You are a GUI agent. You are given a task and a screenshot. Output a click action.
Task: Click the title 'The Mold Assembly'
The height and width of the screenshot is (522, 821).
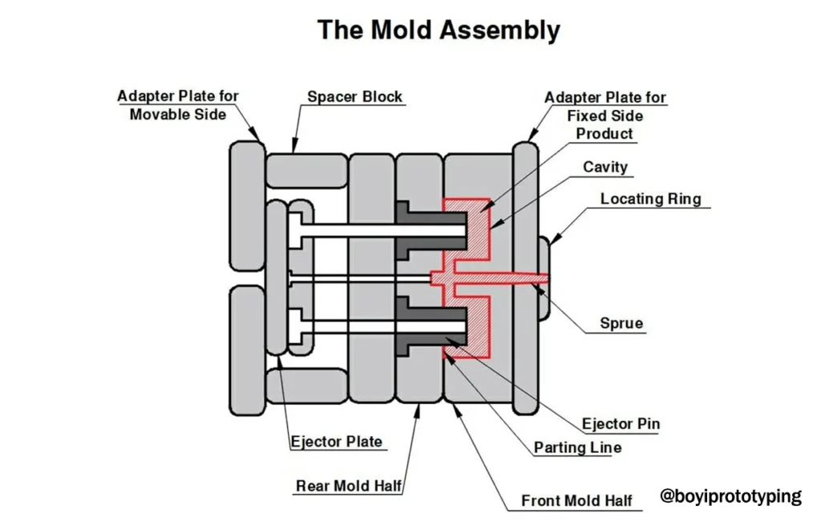point(438,30)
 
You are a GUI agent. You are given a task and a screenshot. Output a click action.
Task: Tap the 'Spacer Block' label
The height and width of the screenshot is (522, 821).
point(355,98)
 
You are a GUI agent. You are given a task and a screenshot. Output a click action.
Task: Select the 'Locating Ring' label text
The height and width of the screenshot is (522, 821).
point(650,199)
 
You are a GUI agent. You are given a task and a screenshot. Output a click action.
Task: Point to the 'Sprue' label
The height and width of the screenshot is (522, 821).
point(621,324)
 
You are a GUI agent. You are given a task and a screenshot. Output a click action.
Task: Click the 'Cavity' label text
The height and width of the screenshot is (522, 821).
point(605,168)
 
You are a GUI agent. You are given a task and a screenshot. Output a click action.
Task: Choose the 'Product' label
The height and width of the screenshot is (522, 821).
point(605,134)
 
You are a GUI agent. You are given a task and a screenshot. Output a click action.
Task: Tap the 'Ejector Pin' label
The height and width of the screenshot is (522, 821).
point(621,424)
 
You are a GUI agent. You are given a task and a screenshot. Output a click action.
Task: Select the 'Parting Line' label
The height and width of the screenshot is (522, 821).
point(577,447)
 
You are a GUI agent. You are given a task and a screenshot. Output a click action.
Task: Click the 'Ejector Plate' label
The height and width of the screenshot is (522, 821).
point(336,442)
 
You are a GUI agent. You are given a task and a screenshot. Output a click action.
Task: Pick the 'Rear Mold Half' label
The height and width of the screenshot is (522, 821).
point(349,486)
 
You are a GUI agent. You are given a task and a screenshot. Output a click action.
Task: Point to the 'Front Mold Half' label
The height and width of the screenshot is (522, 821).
point(576,501)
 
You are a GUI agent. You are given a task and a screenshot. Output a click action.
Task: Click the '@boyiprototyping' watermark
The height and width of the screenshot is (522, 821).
point(730,496)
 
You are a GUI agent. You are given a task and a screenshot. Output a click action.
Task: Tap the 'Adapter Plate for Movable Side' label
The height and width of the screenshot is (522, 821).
point(178,105)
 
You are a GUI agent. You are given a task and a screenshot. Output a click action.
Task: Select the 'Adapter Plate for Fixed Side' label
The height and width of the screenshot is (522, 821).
point(605,107)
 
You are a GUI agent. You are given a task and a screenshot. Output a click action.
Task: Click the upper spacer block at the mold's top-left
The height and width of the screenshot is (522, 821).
point(305,170)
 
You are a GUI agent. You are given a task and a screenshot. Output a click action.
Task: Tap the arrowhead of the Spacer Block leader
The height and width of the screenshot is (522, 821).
point(295,148)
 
